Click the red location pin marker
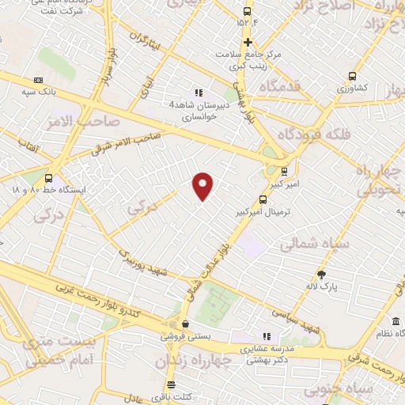(203, 185)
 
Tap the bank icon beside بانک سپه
(39, 80)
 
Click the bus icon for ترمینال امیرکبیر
(263, 200)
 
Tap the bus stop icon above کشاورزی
(354, 77)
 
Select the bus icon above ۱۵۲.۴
(248, 12)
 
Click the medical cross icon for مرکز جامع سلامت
(248, 41)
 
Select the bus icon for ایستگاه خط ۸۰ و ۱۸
(49, 178)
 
